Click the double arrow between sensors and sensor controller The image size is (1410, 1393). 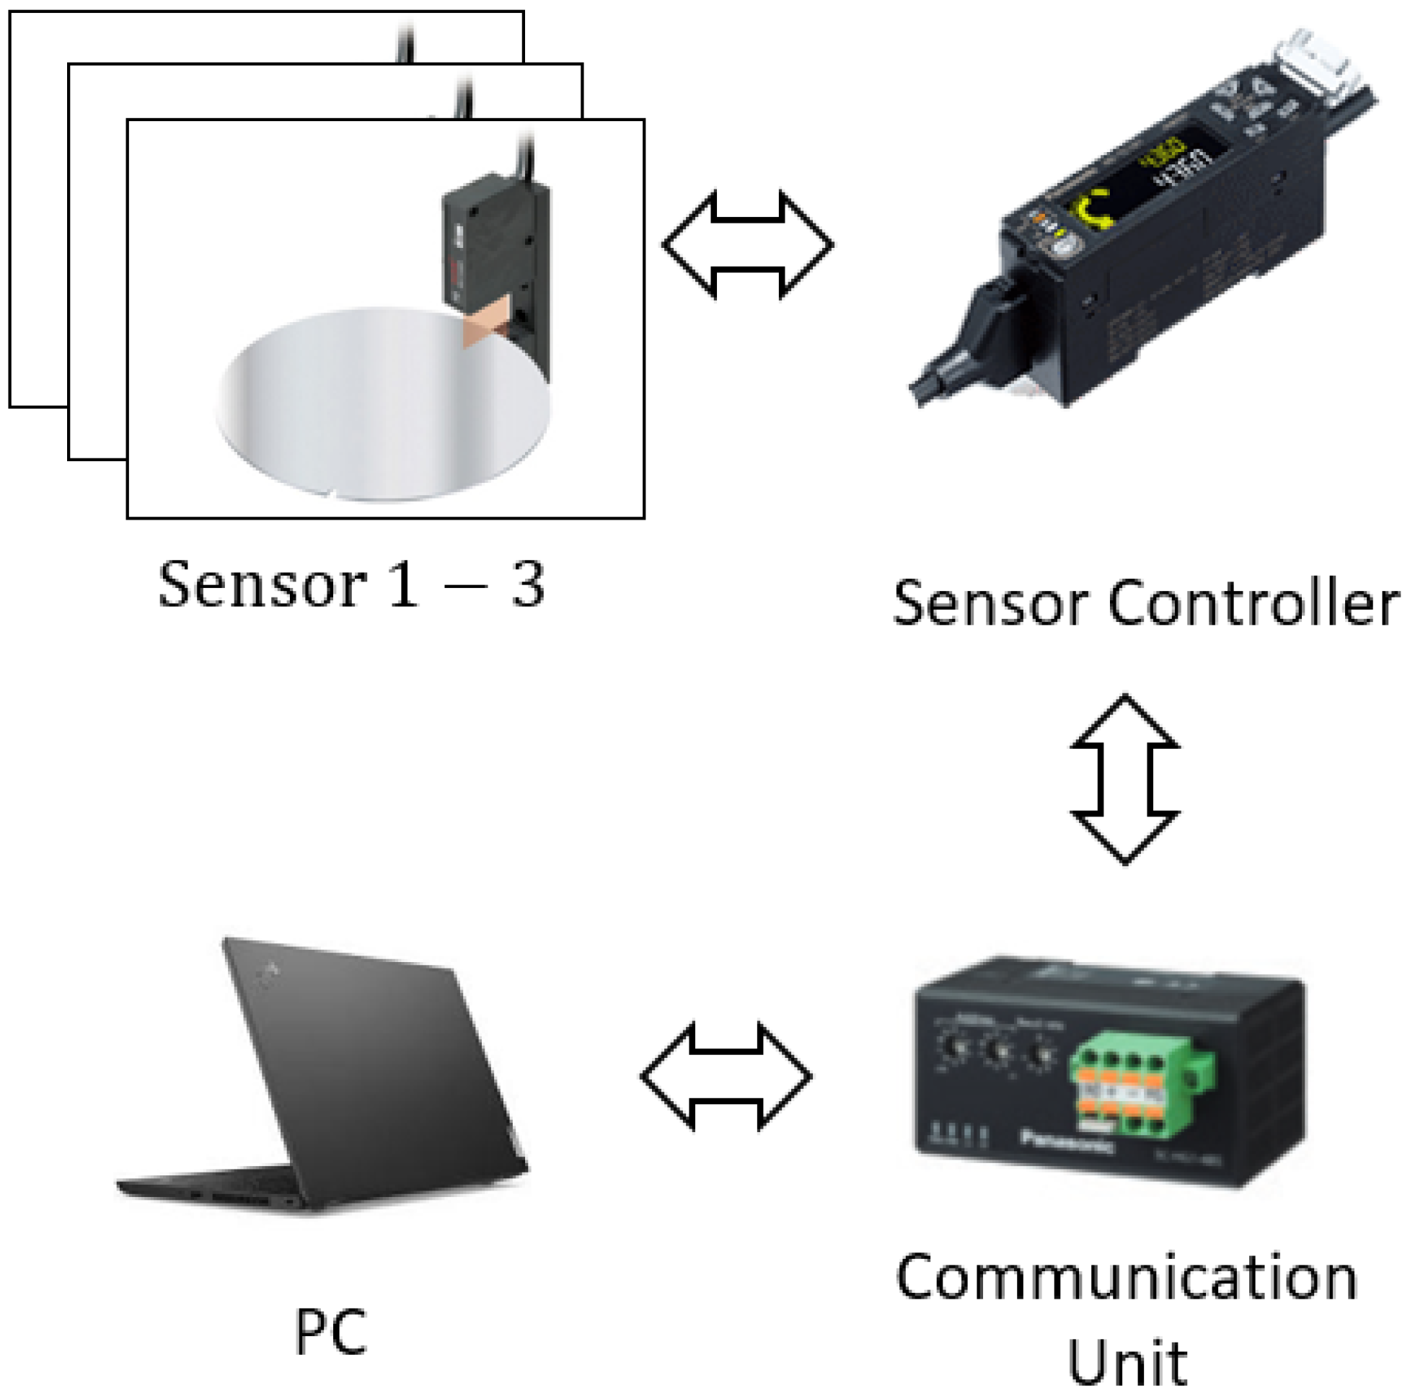[x=746, y=245]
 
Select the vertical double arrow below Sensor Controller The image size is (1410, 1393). [x=1124, y=780]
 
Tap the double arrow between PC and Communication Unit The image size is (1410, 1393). [x=726, y=1077]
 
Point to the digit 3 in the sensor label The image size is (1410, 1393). [x=528, y=586]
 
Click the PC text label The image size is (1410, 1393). [x=330, y=1332]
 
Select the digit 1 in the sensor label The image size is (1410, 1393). [x=404, y=586]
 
